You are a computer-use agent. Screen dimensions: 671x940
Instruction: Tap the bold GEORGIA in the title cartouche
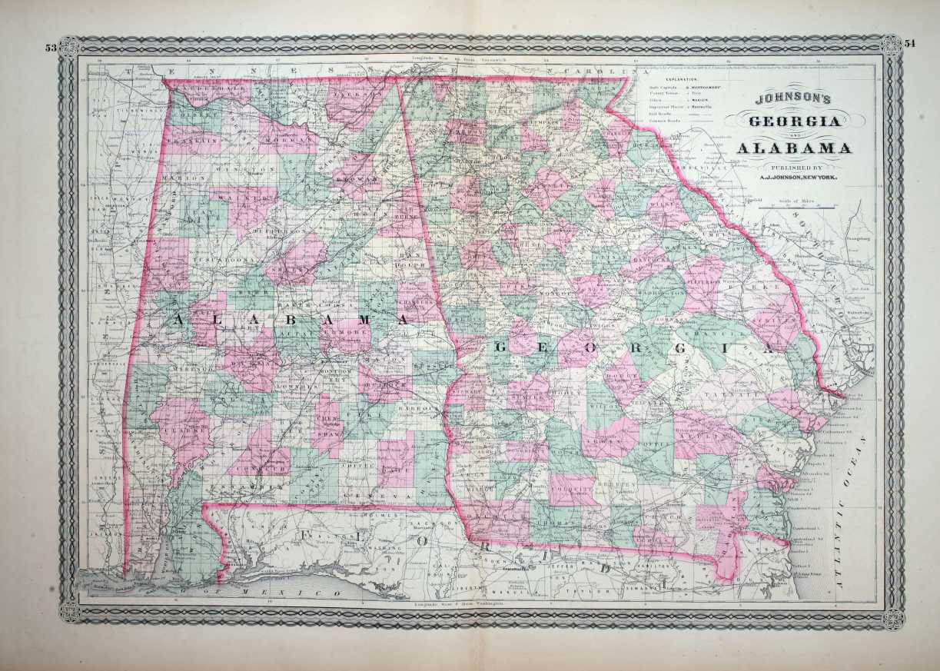(792, 121)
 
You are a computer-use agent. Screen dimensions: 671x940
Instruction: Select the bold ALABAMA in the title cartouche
(793, 148)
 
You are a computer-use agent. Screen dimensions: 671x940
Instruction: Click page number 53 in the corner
(51, 48)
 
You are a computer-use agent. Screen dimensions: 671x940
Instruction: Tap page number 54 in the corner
(910, 44)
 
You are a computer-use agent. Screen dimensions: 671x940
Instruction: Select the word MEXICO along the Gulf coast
(307, 595)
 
